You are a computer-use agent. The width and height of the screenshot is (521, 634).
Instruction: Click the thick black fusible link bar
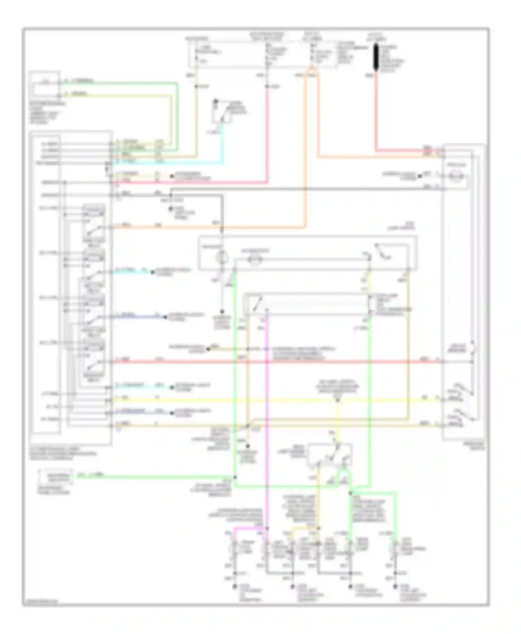[x=375, y=58]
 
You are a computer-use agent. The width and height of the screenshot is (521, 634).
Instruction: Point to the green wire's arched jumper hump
[x=345, y=471]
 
